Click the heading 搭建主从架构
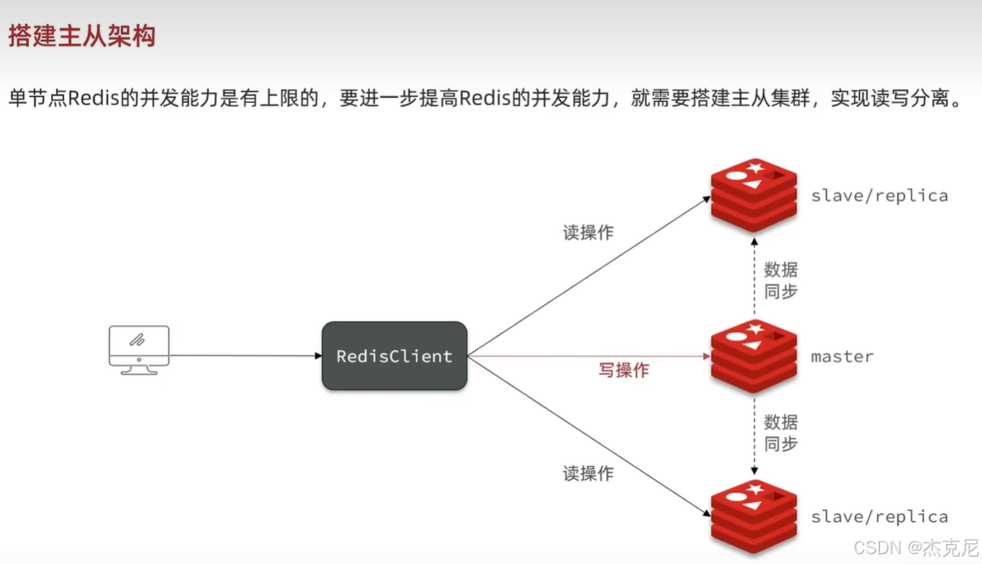pos(82,36)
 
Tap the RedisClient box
pos(395,357)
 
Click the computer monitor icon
pos(139,349)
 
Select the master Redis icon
pos(754,357)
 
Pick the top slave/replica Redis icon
pos(754,196)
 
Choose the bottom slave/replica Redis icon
pos(754,517)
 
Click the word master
pos(842,357)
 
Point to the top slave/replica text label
pos(879,197)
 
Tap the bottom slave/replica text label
pos(879,517)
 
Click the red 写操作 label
pos(624,371)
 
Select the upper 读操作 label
pos(588,233)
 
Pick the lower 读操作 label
pos(588,474)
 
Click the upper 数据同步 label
pos(780,280)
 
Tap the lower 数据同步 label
pos(780,433)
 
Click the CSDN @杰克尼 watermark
pos(916,548)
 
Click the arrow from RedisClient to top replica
pos(589,276)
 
